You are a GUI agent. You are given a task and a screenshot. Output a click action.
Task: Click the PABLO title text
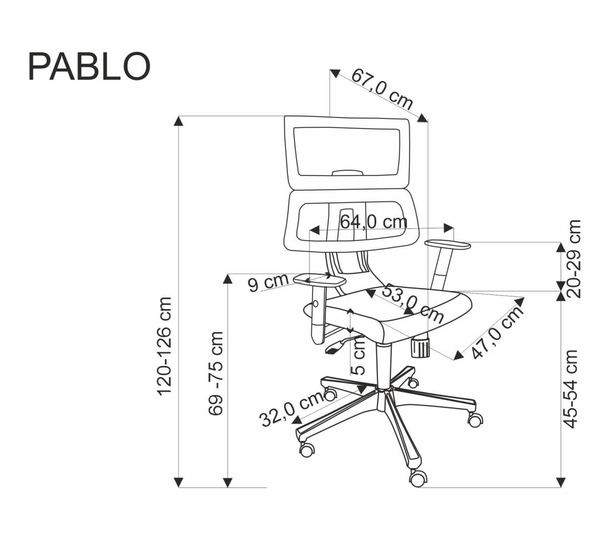(x=89, y=67)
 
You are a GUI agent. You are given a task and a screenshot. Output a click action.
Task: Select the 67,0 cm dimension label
(x=382, y=89)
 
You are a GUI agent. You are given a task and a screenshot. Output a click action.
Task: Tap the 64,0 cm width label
(x=373, y=221)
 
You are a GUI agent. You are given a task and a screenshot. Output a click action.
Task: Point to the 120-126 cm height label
(x=165, y=346)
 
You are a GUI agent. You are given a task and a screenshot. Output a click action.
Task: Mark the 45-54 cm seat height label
(x=570, y=389)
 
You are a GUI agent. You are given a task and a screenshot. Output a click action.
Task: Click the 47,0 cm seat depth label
(x=498, y=333)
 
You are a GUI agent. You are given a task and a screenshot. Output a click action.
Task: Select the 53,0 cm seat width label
(x=413, y=304)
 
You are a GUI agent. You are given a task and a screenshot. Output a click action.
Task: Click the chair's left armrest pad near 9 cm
(x=319, y=279)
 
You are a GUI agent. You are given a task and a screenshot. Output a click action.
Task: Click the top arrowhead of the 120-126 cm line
(x=179, y=121)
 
